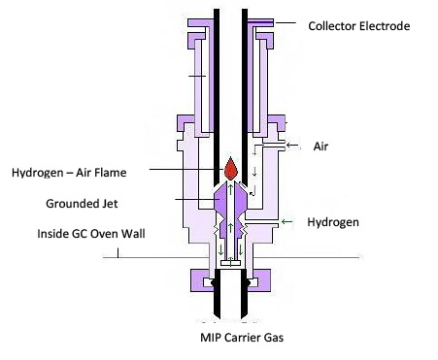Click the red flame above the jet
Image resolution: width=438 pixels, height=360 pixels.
(x=230, y=169)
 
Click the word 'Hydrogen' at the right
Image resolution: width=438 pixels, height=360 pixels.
(x=333, y=222)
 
